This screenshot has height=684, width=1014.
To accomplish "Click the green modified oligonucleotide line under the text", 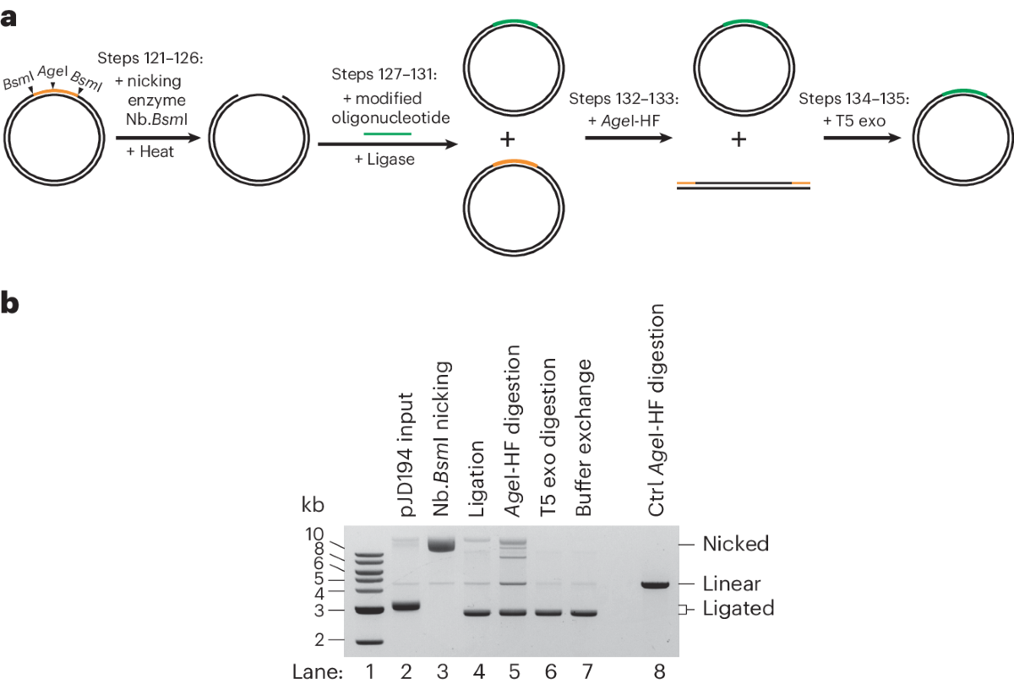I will pos(388,133).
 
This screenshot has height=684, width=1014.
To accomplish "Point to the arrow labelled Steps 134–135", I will pos(854,141).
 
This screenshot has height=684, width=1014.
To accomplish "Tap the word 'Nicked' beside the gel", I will pos(736,544).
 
